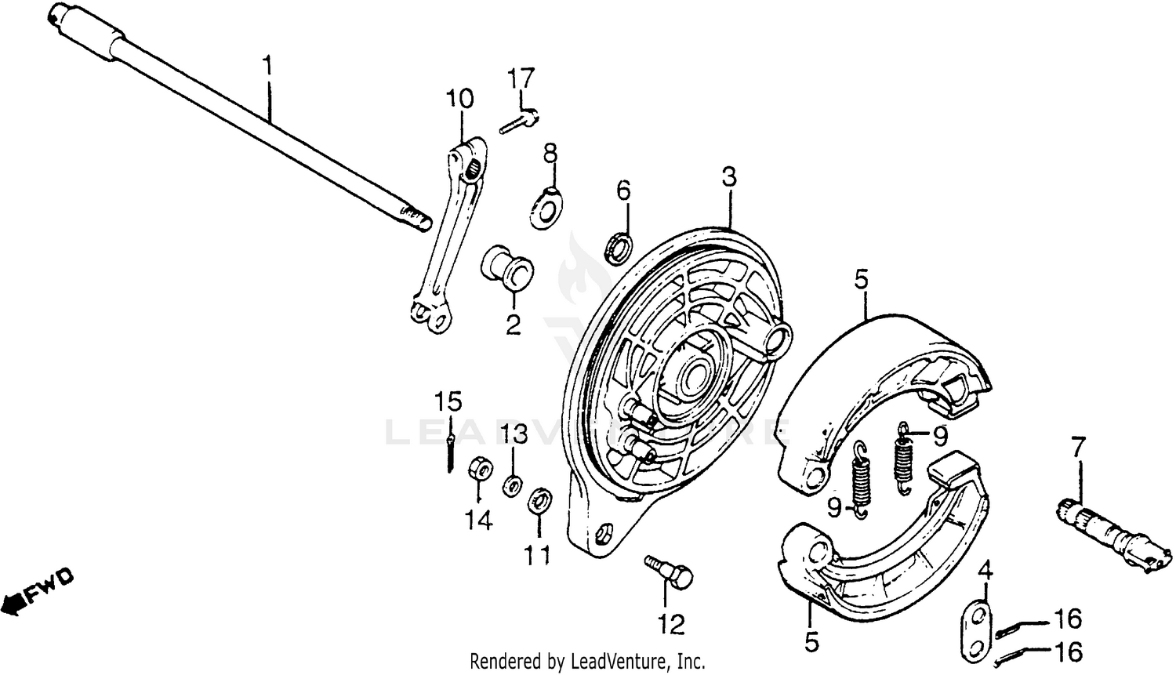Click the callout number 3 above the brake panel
(728, 178)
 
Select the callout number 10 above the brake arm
(460, 99)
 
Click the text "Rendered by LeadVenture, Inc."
(587, 661)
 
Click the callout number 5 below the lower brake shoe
(811, 643)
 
